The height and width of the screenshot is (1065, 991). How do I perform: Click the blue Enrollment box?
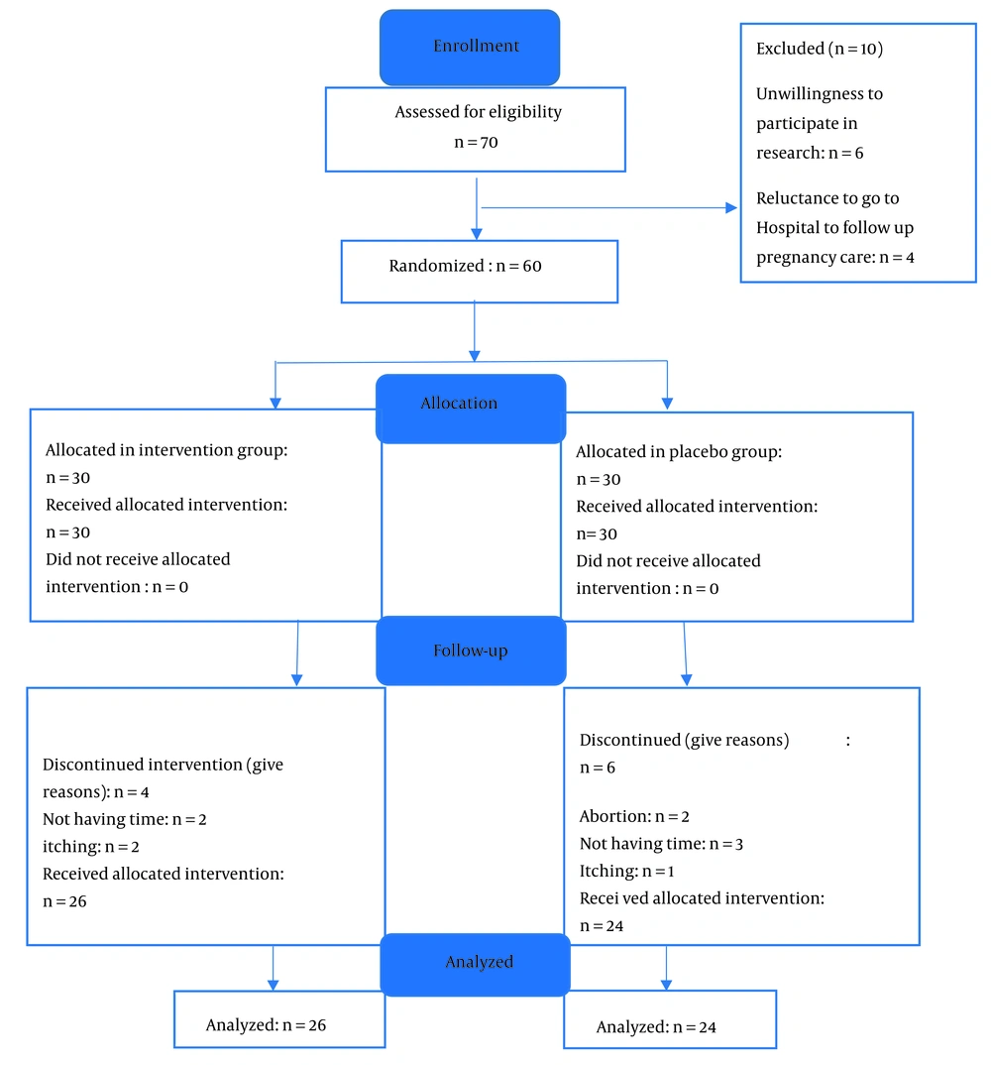pyautogui.click(x=470, y=48)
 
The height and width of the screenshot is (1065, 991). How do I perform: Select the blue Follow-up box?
pyautogui.click(x=471, y=651)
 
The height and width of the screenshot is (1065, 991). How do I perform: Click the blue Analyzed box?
pyautogui.click(x=475, y=965)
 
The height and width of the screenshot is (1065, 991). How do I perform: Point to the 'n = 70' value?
pyautogui.click(x=476, y=143)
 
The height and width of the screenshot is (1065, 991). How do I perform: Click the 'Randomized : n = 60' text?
pyautogui.click(x=465, y=266)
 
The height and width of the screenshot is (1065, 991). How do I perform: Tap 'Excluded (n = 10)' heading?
pyautogui.click(x=820, y=49)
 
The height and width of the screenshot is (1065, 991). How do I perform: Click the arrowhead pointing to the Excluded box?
pyautogui.click(x=731, y=208)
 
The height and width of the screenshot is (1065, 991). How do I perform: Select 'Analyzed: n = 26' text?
pyautogui.click(x=266, y=1025)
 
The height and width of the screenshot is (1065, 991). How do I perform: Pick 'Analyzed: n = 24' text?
pyautogui.click(x=656, y=1027)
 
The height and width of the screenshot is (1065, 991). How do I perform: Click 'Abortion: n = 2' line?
pyautogui.click(x=634, y=816)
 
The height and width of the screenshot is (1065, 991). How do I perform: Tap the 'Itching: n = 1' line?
pyautogui.click(x=626, y=871)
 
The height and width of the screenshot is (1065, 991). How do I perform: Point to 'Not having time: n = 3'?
pyautogui.click(x=661, y=844)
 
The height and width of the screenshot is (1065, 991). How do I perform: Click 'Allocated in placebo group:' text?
pyautogui.click(x=679, y=451)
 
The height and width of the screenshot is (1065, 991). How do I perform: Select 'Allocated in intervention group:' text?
pyautogui.click(x=166, y=449)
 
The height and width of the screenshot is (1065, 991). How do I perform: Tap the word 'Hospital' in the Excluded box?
pyautogui.click(x=788, y=227)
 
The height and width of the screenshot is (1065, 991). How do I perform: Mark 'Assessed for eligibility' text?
pyautogui.click(x=479, y=111)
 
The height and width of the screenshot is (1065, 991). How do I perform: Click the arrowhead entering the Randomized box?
pyautogui.click(x=477, y=234)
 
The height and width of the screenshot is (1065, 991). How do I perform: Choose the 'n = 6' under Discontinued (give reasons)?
pyautogui.click(x=598, y=768)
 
